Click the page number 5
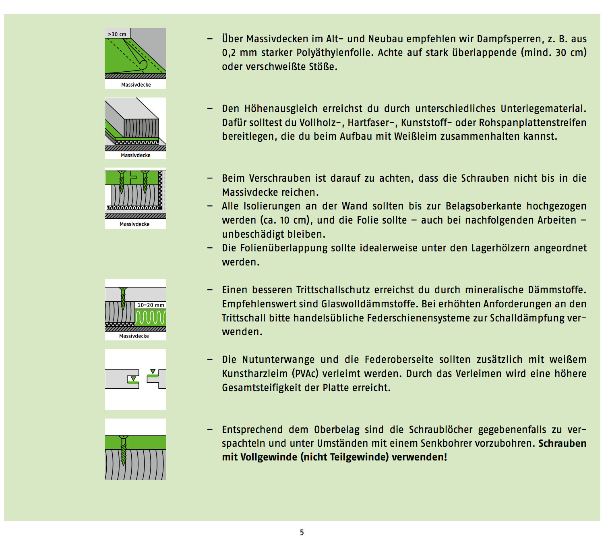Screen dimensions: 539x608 click(x=302, y=532)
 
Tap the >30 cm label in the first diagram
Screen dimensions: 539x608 click(x=117, y=34)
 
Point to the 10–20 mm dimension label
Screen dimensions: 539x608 click(x=151, y=305)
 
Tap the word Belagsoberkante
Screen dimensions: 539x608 click(x=483, y=206)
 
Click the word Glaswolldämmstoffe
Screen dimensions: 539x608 click(x=368, y=304)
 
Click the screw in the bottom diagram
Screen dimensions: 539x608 click(x=123, y=449)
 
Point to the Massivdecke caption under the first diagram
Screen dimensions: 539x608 click(x=136, y=85)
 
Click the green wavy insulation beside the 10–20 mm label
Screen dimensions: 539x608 click(x=151, y=317)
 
